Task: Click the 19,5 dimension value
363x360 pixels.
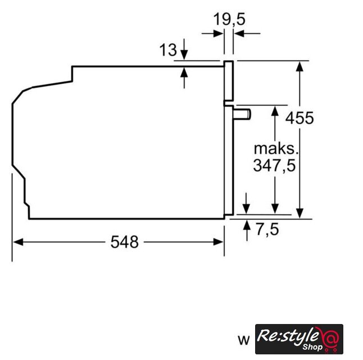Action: click(x=229, y=19)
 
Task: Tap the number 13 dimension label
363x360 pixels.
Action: click(x=168, y=49)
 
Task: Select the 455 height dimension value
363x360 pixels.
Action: click(x=300, y=118)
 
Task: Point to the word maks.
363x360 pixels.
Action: click(x=276, y=149)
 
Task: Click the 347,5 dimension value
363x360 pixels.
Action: click(x=275, y=165)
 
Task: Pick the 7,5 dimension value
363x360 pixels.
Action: click(x=267, y=229)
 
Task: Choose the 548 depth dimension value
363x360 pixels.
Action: click(x=125, y=242)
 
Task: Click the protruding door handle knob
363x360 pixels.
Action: click(x=242, y=115)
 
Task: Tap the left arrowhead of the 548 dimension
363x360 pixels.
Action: click(x=18, y=242)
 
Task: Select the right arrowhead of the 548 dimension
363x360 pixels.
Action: click(x=219, y=242)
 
